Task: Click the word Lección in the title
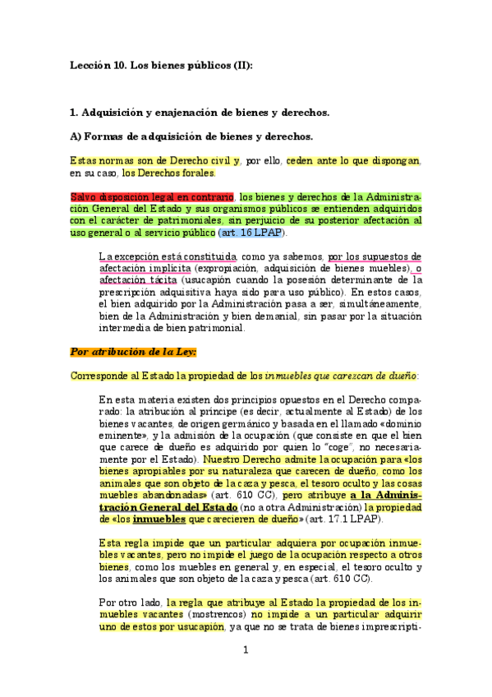pos(88,65)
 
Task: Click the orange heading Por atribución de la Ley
pos(133,352)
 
